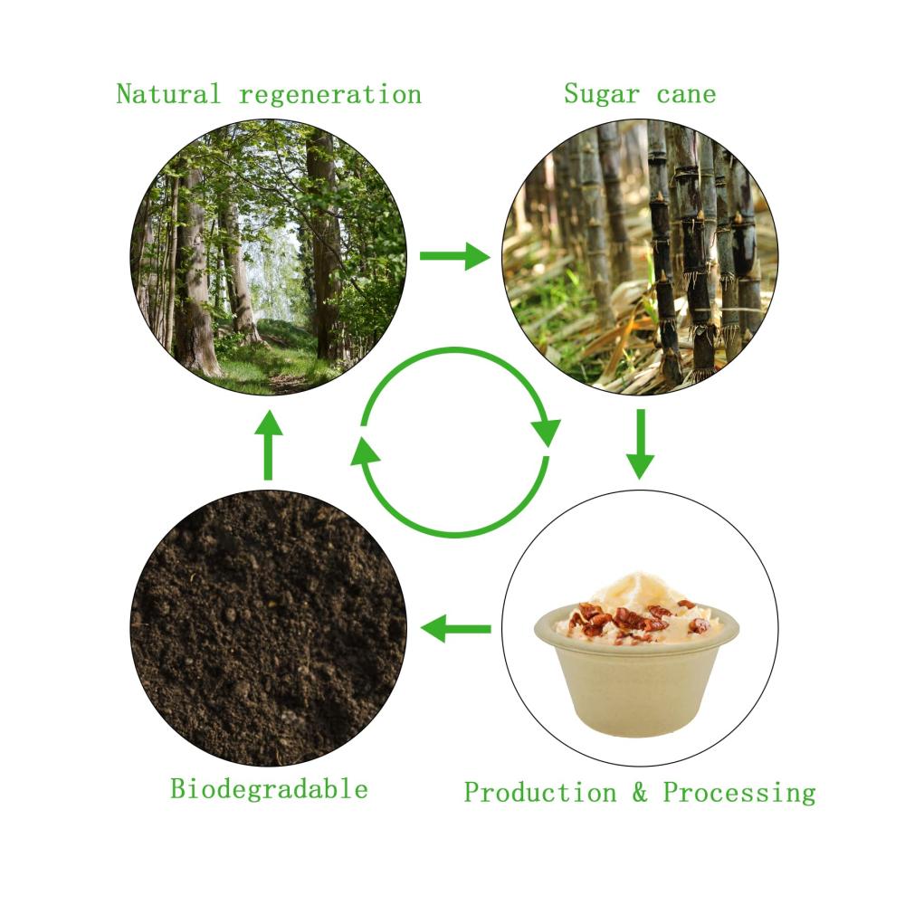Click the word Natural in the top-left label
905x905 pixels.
pyautogui.click(x=168, y=94)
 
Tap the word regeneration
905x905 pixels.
pyautogui.click(x=330, y=95)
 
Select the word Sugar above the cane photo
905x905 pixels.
pyautogui.click(x=602, y=94)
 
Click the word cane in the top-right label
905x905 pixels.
pyautogui.click(x=686, y=95)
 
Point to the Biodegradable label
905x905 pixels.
pyautogui.click(x=269, y=789)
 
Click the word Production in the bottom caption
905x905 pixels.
pyautogui.click(x=540, y=793)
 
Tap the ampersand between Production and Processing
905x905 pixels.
pyautogui.click(x=640, y=793)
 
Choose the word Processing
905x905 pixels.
pyautogui.click(x=739, y=793)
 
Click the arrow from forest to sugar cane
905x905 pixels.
pyautogui.click(x=455, y=256)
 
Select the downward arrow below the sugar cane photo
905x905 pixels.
pyautogui.click(x=640, y=443)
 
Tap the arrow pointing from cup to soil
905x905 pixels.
pyautogui.click(x=456, y=629)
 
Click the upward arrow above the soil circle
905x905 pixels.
pyautogui.click(x=269, y=445)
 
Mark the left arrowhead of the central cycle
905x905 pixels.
pyautogui.click(x=366, y=451)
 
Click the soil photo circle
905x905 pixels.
pyautogui.click(x=269, y=629)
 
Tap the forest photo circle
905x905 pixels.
pyautogui.click(x=269, y=257)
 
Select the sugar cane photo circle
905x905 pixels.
pyautogui.click(x=640, y=257)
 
